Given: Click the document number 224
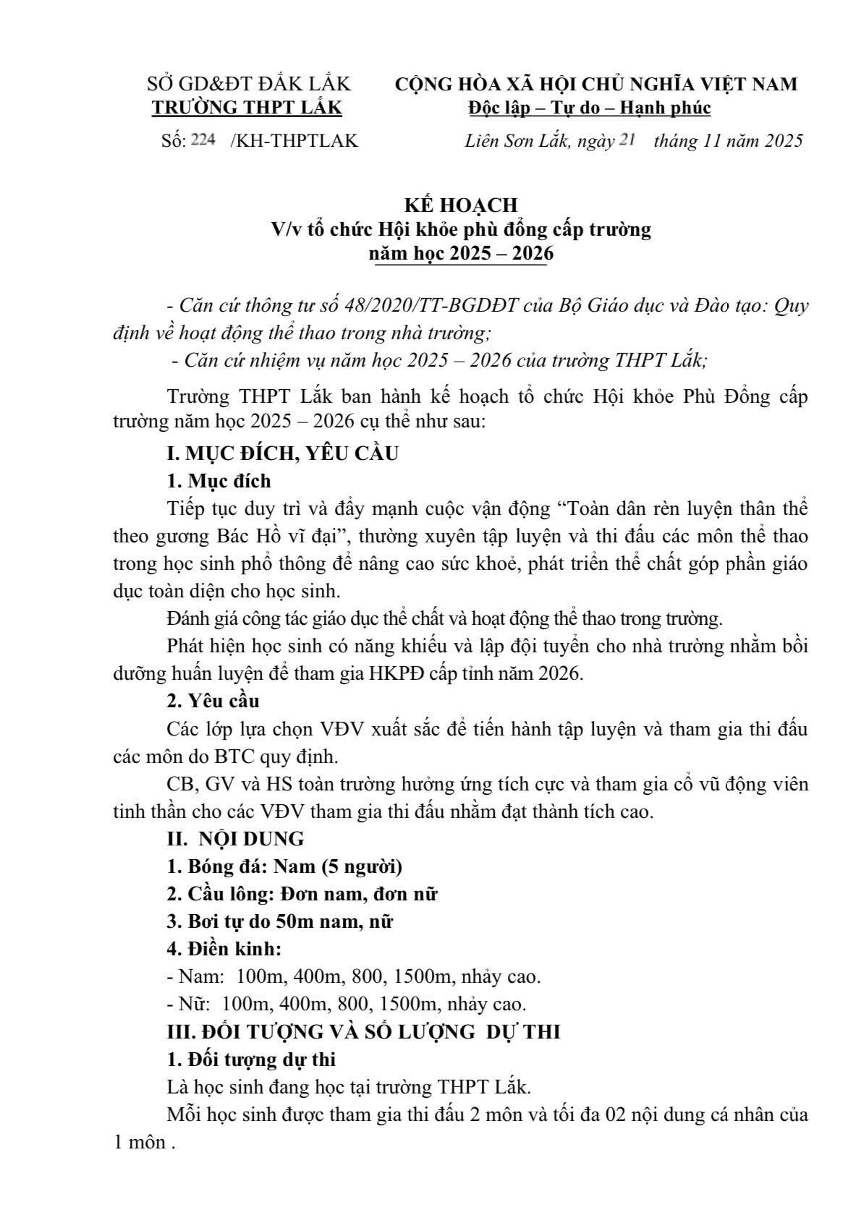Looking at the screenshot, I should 203,140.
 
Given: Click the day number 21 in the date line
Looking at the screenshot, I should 627,140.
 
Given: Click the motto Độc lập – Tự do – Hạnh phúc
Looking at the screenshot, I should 590,108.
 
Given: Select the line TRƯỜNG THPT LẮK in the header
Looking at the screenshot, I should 247,108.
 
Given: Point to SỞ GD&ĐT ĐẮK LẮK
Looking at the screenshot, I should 249,84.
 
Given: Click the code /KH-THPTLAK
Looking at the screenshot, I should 294,140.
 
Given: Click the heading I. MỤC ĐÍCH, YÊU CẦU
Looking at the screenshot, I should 282,453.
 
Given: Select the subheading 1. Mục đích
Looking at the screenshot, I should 218,481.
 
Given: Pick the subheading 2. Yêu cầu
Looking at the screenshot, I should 213,701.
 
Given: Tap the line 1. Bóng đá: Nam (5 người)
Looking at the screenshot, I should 284,866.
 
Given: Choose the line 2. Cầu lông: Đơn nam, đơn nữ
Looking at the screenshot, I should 302,894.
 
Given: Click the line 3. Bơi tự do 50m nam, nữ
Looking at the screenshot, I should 279,921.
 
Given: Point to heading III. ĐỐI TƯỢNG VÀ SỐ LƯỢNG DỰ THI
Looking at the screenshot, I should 363,1032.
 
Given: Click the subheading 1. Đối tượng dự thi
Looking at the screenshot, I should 251,1059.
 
